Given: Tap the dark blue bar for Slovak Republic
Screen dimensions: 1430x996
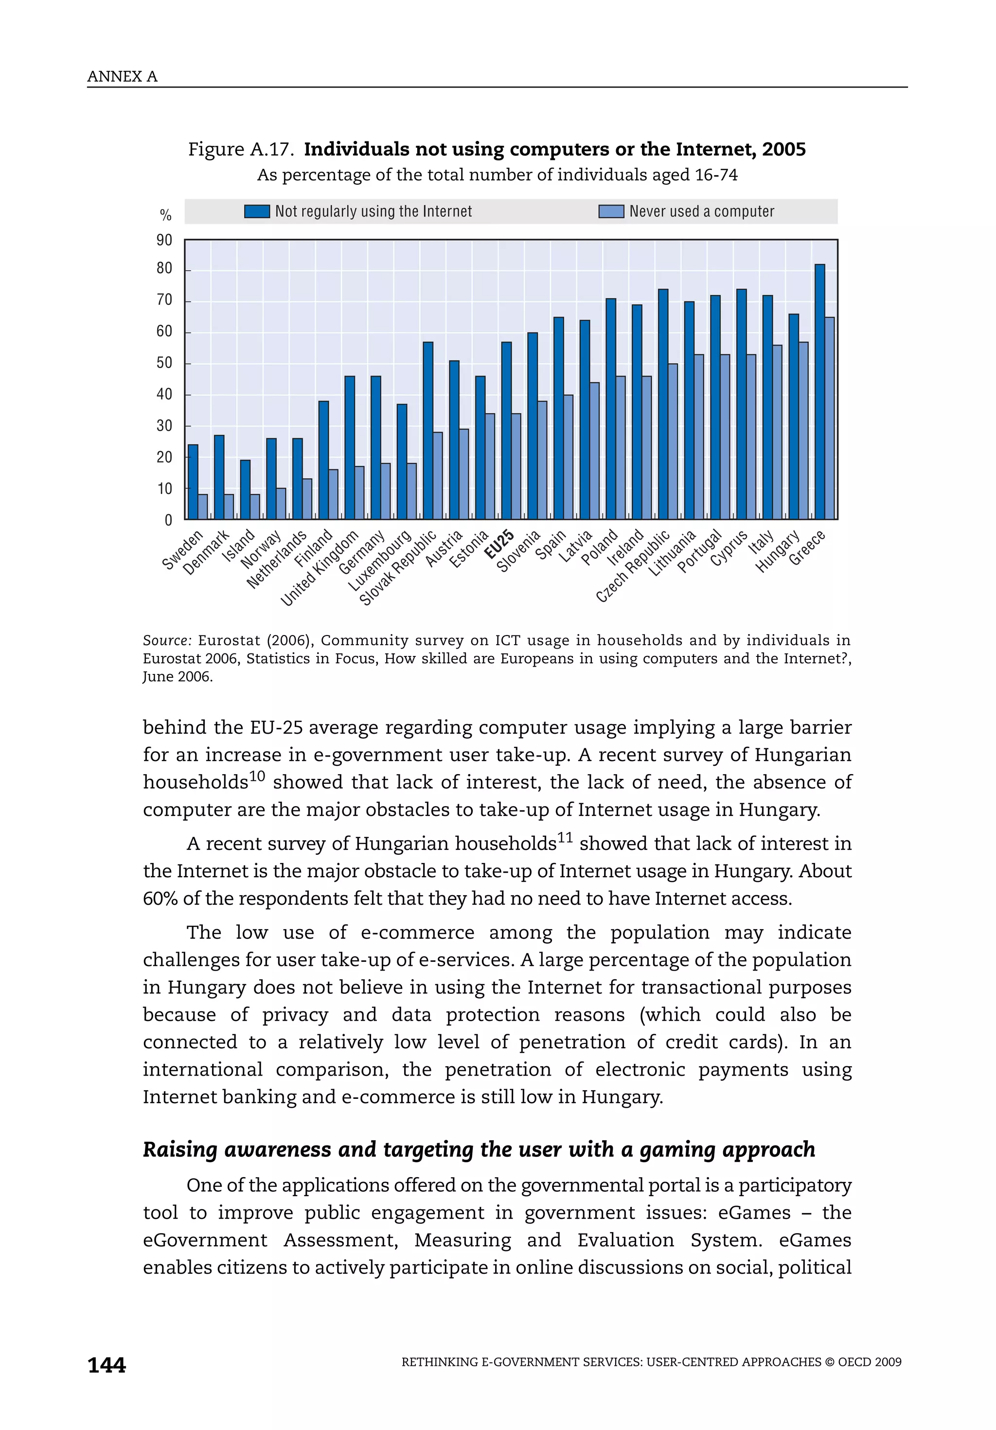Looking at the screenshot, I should click(427, 430).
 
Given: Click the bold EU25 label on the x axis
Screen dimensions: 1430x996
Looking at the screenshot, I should click(499, 544).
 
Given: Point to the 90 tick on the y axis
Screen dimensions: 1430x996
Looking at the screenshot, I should click(164, 240).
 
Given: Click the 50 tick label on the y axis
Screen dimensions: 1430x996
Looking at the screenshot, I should click(164, 363).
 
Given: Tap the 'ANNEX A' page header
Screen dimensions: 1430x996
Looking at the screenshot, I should click(122, 77).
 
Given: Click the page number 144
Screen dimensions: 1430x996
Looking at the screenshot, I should click(107, 1365).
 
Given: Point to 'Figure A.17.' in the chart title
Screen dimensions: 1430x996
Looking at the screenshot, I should click(241, 149).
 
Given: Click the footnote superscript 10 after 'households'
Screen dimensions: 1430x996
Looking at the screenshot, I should click(257, 776).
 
